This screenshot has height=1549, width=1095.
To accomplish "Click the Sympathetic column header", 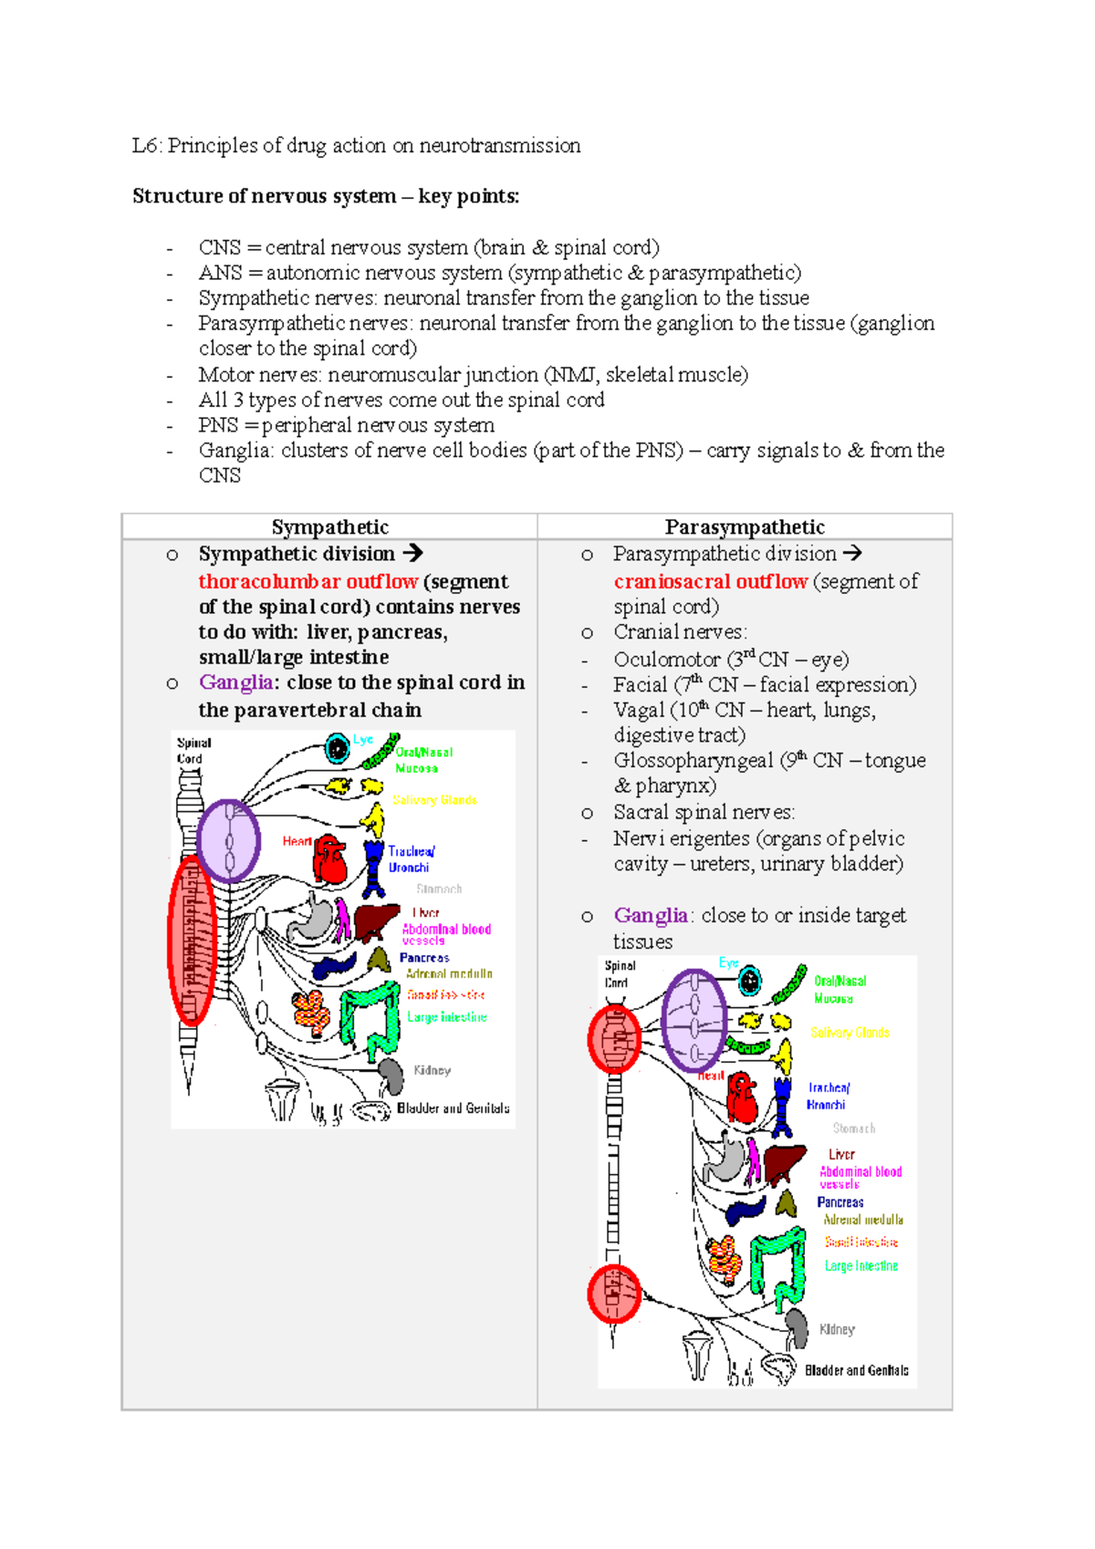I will point(329,527).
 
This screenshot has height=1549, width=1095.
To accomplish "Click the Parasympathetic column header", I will point(745,527).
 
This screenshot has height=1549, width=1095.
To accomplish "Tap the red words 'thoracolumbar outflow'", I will point(308,582).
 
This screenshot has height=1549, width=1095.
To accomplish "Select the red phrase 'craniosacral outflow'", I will point(710,582).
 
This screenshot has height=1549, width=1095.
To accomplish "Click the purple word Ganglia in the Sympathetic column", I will point(235,682).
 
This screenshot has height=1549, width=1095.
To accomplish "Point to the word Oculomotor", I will point(666,660).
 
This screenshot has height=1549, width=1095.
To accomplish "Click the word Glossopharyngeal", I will point(693,761).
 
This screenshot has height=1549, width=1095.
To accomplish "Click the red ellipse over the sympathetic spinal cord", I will point(191,941).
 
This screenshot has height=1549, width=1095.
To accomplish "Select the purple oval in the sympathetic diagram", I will point(228,840).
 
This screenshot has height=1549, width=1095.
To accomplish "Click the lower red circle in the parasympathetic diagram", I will point(614,1294).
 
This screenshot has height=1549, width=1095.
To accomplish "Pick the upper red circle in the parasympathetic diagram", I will point(614,1039).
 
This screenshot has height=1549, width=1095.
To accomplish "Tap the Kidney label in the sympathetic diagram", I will point(432,1070).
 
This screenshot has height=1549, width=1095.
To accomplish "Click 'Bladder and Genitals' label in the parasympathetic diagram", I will point(856,1370).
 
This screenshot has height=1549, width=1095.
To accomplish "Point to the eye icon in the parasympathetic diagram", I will point(749,982).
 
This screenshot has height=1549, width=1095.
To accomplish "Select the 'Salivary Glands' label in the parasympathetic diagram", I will point(850,1033).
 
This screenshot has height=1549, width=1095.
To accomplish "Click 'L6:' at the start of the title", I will point(146,146).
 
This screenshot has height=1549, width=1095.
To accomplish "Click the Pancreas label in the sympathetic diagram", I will point(423,958).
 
